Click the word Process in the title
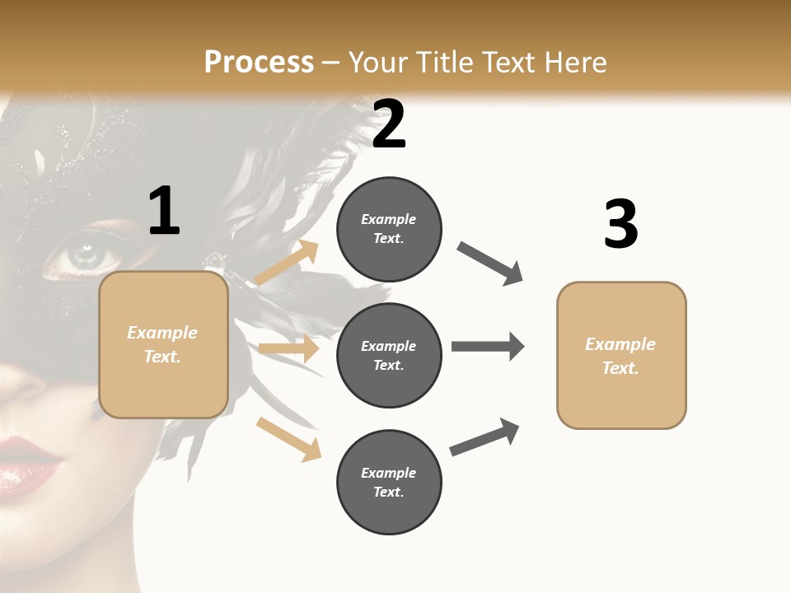pyautogui.click(x=259, y=63)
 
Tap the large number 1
pyautogui.click(x=164, y=212)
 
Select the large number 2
pyautogui.click(x=389, y=124)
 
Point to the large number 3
pyautogui.click(x=620, y=224)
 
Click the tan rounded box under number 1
pyautogui.click(x=163, y=344)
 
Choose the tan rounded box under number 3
pyautogui.click(x=621, y=355)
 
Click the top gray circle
pyautogui.click(x=389, y=228)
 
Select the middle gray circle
pyautogui.click(x=389, y=355)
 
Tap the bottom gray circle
pyautogui.click(x=389, y=482)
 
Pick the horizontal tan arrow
pyautogui.click(x=288, y=348)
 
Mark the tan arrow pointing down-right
pyautogui.click(x=288, y=438)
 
